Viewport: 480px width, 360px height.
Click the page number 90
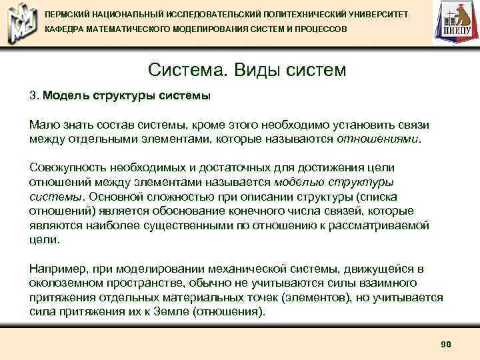pos(446,344)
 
